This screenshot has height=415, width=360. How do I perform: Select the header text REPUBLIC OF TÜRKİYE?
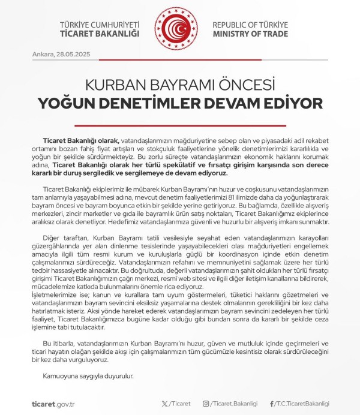(251, 24)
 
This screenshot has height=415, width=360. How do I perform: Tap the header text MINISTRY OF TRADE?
(250, 34)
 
